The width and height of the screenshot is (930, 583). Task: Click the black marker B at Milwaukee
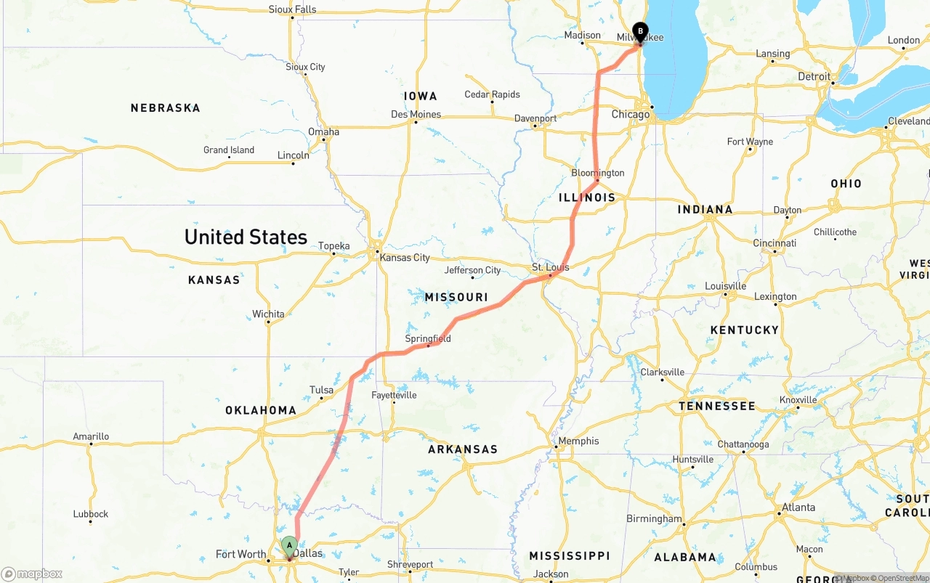pyautogui.click(x=640, y=31)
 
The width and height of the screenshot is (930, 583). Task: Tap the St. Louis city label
pyautogui.click(x=550, y=267)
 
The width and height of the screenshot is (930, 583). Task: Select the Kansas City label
pyautogui.click(x=405, y=258)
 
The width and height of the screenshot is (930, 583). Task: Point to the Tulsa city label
pyautogui.click(x=321, y=390)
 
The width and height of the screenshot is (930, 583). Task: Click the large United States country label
pyautogui.click(x=246, y=237)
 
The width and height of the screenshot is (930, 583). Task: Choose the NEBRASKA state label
pyautogui.click(x=165, y=108)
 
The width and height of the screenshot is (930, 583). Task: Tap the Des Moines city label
pyautogui.click(x=416, y=114)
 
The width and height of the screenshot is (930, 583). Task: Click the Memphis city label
pyautogui.click(x=579, y=441)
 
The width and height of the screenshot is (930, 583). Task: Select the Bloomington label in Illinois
pyautogui.click(x=597, y=173)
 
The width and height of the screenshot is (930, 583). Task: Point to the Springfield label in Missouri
pyautogui.click(x=428, y=338)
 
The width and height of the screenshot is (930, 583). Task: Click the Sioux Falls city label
pyautogui.click(x=292, y=9)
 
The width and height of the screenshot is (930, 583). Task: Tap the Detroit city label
pyautogui.click(x=814, y=76)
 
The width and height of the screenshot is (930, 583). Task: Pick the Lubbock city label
pyautogui.click(x=91, y=514)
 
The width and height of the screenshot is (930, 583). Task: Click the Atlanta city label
pyautogui.click(x=798, y=507)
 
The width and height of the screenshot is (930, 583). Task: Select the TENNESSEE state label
pyautogui.click(x=717, y=406)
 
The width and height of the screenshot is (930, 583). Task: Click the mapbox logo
pyautogui.click(x=32, y=574)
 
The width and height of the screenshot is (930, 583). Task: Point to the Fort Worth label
pyautogui.click(x=241, y=555)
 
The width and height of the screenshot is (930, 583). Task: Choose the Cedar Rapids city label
pyautogui.click(x=492, y=94)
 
